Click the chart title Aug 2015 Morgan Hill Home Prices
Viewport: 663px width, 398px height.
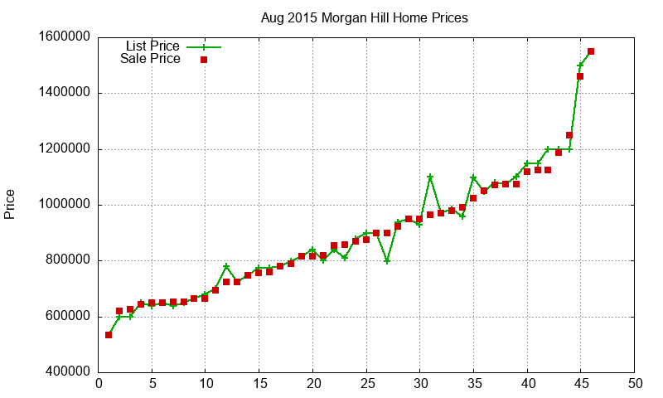[364, 17]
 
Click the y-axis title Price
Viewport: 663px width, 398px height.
[10, 204]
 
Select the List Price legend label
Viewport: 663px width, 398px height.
[152, 46]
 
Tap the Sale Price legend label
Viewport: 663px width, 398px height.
[150, 59]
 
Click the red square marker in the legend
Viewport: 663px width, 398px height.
[203, 60]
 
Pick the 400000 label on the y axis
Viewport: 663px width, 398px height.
[64, 372]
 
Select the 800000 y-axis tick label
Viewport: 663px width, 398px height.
[64, 261]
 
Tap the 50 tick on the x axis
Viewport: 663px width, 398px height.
[635, 384]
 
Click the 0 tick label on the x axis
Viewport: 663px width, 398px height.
[99, 384]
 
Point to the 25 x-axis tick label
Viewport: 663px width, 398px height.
[366, 384]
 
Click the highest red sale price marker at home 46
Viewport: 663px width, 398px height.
[591, 51]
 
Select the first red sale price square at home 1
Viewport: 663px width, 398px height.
[109, 335]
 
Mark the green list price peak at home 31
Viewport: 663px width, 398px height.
[430, 177]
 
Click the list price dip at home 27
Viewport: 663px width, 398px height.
[387, 261]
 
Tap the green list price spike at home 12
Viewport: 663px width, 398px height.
[226, 266]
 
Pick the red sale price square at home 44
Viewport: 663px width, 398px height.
[569, 135]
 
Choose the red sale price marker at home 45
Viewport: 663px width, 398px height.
[580, 76]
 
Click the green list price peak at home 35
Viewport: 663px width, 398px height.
[473, 178]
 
